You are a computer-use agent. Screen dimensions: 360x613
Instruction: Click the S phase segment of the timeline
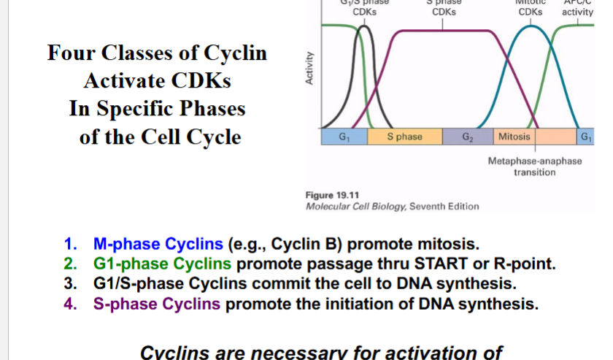click(404, 137)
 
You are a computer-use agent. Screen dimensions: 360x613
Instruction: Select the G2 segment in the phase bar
click(468, 137)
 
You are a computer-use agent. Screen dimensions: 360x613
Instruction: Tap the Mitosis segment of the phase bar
click(515, 137)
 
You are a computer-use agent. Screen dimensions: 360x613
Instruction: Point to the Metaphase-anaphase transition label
click(534, 166)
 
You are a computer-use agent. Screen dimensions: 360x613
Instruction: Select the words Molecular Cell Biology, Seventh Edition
click(393, 206)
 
